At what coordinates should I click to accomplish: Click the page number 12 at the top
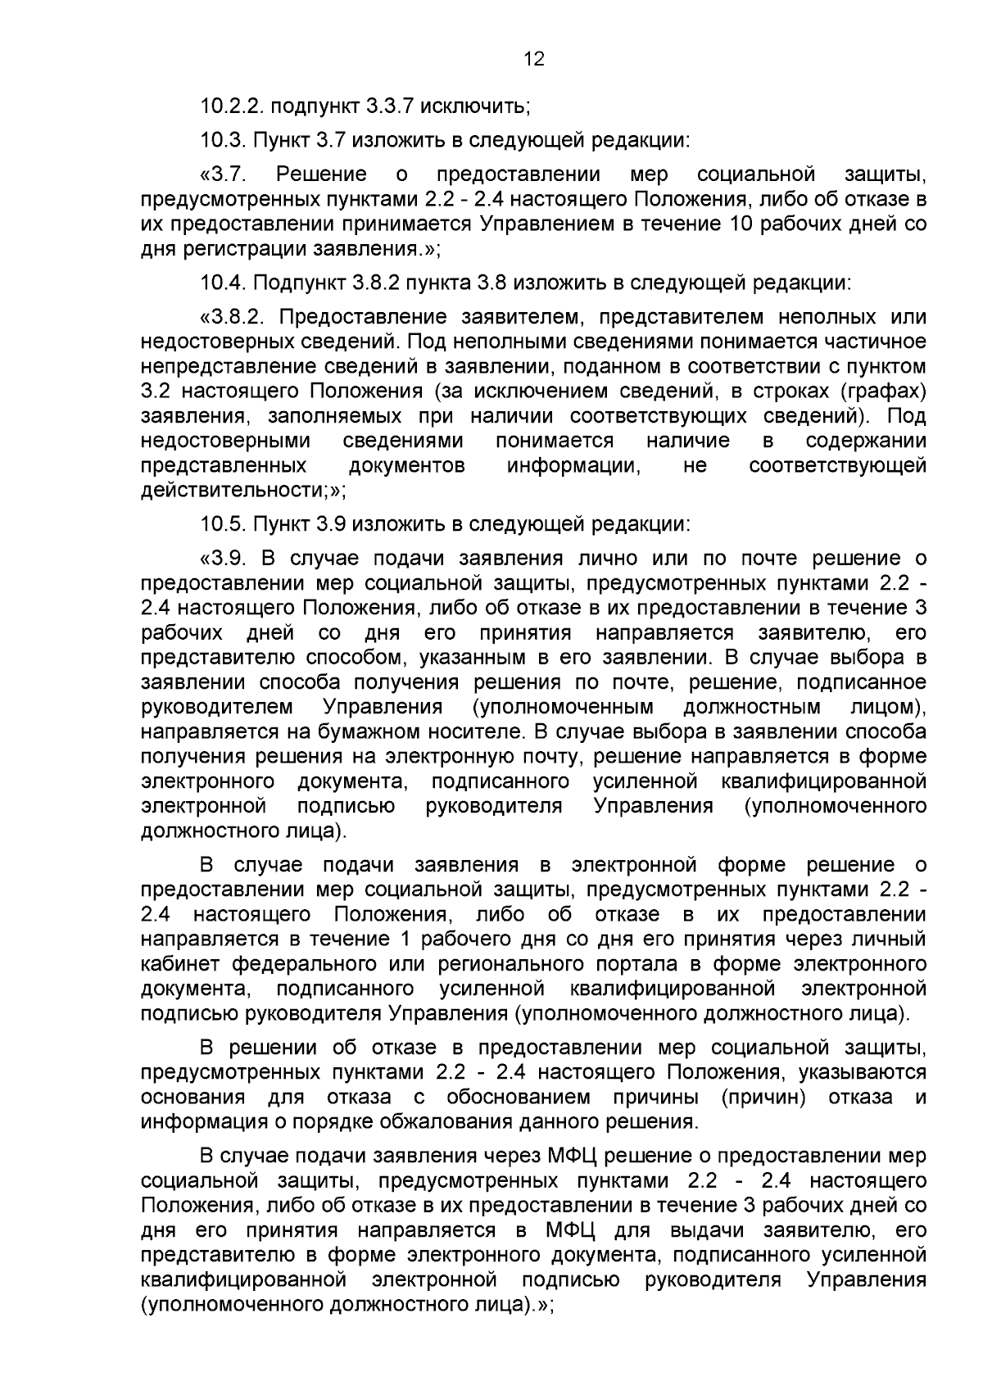(533, 59)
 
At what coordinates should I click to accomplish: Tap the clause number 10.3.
(223, 140)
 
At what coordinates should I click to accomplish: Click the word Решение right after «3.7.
(321, 175)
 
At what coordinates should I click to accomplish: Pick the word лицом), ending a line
(883, 706)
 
